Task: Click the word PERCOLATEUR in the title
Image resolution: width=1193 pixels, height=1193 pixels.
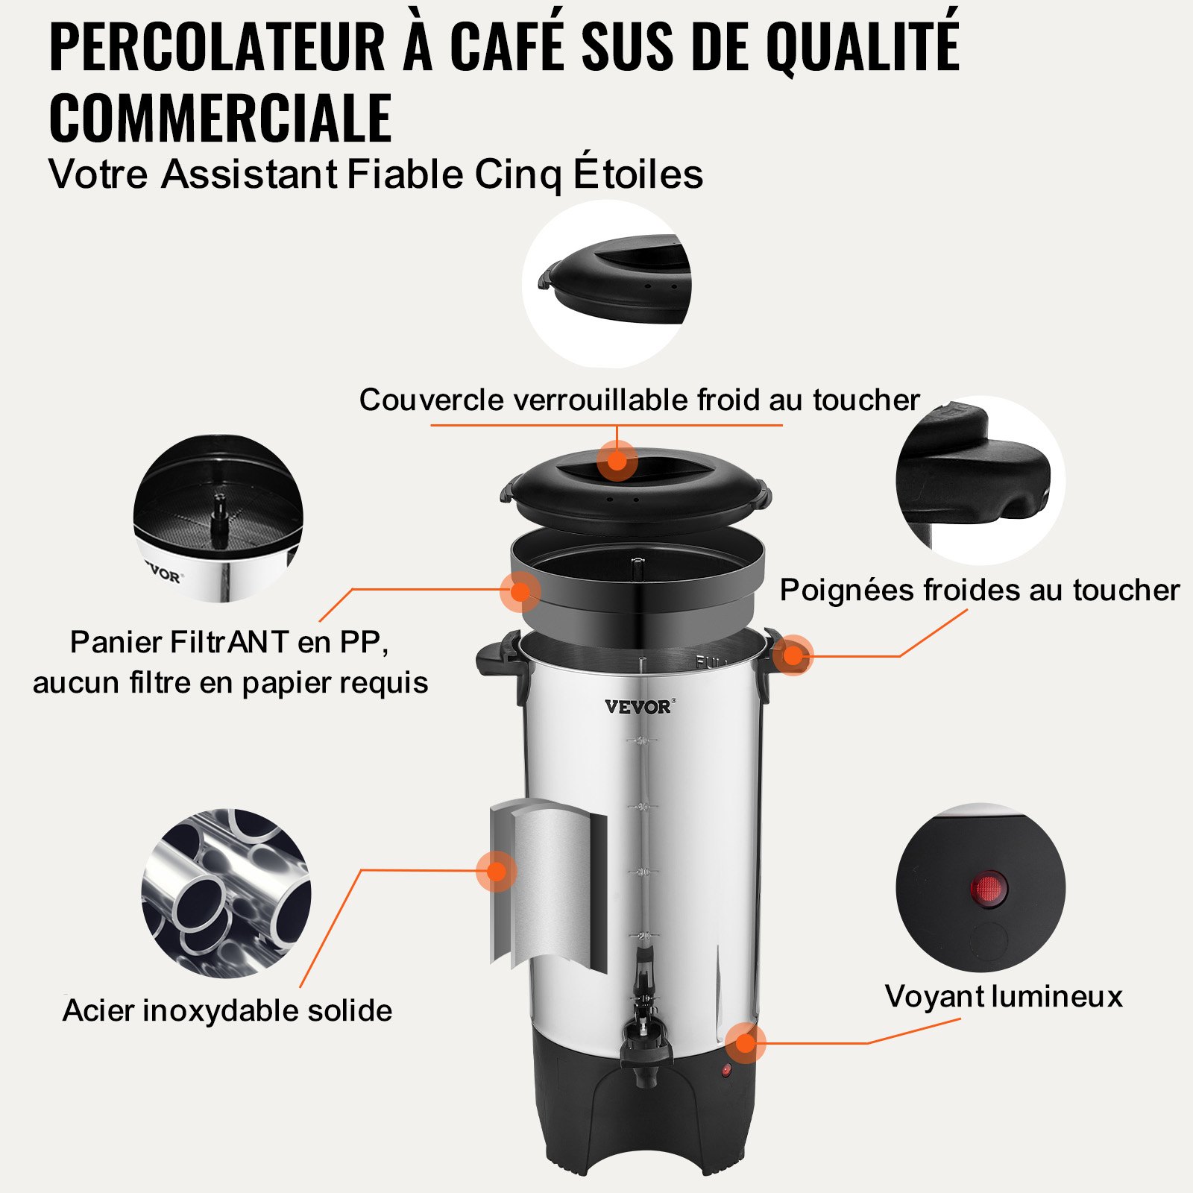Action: point(216,46)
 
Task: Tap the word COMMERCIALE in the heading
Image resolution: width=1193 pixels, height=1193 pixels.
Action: point(220,118)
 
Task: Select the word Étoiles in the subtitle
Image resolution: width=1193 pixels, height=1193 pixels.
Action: point(638,174)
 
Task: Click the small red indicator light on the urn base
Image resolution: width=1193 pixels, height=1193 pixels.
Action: point(726,1071)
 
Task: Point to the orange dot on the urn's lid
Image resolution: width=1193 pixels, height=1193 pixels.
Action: point(617,460)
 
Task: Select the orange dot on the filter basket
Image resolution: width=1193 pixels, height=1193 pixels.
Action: point(520,591)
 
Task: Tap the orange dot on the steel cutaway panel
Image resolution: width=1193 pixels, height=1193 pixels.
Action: point(496,871)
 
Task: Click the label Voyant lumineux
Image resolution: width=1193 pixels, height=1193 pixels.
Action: point(1004,996)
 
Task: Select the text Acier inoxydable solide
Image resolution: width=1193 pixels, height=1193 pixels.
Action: point(227,1010)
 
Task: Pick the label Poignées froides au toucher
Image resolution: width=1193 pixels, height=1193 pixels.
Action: point(979,590)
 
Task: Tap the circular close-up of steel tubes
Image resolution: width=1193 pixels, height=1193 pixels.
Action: point(226,893)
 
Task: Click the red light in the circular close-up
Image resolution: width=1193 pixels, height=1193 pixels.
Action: point(988,889)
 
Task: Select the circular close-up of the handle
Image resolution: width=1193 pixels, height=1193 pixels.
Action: point(980,479)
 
